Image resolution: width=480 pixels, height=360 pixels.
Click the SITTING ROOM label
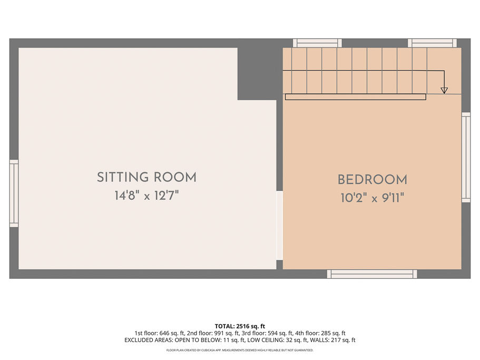pos(146,178)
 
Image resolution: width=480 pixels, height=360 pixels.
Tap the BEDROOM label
pos(373,180)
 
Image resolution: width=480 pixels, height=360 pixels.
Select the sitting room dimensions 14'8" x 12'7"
pos(146,196)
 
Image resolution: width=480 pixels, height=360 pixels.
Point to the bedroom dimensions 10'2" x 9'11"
pos(373,198)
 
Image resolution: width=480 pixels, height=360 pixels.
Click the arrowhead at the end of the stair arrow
pos(444,90)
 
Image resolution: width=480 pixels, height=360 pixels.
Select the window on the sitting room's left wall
pos(14,193)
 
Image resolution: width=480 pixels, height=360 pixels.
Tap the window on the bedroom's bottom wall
pos(372,274)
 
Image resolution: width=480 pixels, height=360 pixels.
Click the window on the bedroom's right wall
pos(466,158)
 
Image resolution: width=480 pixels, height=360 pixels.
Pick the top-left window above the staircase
pos(317,43)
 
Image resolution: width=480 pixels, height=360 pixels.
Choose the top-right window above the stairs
pos(432,43)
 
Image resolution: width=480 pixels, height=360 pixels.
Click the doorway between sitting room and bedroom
pos(279,226)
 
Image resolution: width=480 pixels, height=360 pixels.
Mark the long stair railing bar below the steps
pos(356,97)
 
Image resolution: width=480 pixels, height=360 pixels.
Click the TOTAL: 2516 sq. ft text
pos(240,326)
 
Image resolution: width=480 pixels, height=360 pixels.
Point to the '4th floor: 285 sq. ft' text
pos(320,333)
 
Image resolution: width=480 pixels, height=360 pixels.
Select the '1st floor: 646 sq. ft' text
pos(160,333)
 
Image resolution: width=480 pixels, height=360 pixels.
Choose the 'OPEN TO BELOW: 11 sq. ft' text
pos(210,340)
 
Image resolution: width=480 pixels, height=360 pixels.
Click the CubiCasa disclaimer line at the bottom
pos(240,350)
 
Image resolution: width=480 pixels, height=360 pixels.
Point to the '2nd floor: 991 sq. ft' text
pos(213,333)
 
